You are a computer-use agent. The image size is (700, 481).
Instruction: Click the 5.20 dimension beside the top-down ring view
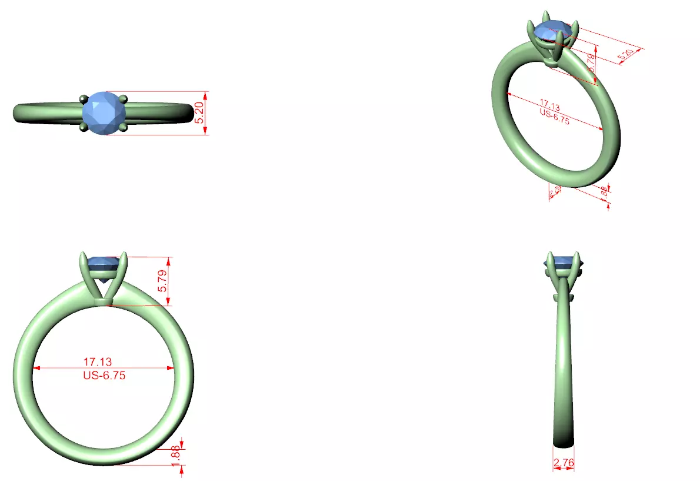click(199, 112)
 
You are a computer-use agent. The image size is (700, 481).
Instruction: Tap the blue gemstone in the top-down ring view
click(104, 113)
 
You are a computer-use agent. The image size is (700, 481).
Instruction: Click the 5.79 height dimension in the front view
click(164, 281)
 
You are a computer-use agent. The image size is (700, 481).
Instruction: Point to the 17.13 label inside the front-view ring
click(98, 361)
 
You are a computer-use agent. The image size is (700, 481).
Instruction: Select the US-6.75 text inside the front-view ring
click(104, 375)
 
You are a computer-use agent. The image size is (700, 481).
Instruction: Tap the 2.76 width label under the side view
click(564, 463)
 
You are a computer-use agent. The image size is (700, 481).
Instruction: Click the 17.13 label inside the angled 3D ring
click(549, 106)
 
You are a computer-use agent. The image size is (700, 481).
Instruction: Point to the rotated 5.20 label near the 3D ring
click(625, 56)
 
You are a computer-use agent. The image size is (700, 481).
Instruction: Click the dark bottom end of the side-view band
click(564, 442)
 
